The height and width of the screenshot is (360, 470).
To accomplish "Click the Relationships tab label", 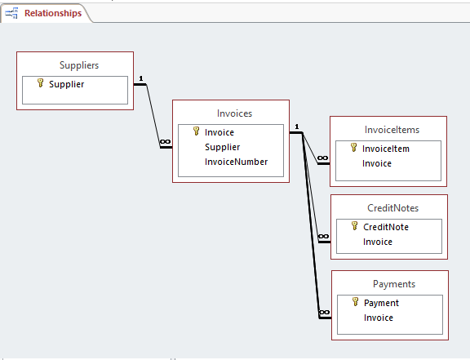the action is click(53, 13).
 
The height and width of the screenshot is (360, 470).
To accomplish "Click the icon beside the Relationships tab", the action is click(11, 13).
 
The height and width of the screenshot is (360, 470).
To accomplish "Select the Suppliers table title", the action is click(79, 65).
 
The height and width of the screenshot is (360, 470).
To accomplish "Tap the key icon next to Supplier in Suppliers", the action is click(40, 83).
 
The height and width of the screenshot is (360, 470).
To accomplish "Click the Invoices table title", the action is click(234, 113).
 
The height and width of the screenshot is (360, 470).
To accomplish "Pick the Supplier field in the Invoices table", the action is click(223, 147).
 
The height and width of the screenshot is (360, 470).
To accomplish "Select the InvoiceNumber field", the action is click(236, 162).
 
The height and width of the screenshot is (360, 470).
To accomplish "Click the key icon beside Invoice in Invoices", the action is click(196, 131).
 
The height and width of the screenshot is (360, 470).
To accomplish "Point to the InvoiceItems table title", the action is click(392, 130).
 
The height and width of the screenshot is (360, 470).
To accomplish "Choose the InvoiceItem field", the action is click(386, 149).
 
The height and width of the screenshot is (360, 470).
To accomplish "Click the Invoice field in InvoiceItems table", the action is click(377, 163).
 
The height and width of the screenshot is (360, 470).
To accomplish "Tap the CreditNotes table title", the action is click(393, 208).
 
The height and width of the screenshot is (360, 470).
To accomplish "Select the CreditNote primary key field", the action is click(386, 227).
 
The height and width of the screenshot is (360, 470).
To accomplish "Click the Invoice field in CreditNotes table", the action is click(378, 242).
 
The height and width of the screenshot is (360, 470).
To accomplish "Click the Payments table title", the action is click(394, 284).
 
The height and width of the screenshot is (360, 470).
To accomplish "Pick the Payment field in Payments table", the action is click(381, 303).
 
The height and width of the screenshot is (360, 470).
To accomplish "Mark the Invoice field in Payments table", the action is click(379, 318).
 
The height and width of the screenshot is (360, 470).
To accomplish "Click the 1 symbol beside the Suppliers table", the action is click(141, 78).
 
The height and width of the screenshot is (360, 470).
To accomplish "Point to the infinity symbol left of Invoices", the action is click(165, 141).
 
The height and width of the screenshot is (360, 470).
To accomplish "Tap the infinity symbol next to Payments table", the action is click(324, 313).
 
